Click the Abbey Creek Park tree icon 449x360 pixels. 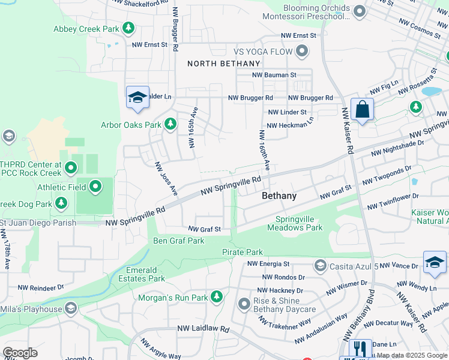(128, 28)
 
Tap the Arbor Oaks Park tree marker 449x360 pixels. (170, 124)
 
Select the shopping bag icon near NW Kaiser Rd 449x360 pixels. (362, 110)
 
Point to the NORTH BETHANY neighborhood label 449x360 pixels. (224, 64)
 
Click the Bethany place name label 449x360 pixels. (279, 196)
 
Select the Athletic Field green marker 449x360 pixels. (95, 187)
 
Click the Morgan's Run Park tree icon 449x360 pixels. (216, 297)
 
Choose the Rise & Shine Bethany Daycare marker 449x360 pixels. (244, 304)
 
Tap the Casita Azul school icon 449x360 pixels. (320, 265)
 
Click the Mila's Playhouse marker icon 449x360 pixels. (71, 309)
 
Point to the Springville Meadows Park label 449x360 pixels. (299, 223)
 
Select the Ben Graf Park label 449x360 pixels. (179, 241)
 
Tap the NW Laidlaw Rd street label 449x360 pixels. (203, 329)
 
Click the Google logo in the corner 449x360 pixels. (20, 353)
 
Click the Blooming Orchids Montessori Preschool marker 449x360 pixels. (360, 11)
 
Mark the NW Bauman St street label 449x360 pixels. (274, 75)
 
